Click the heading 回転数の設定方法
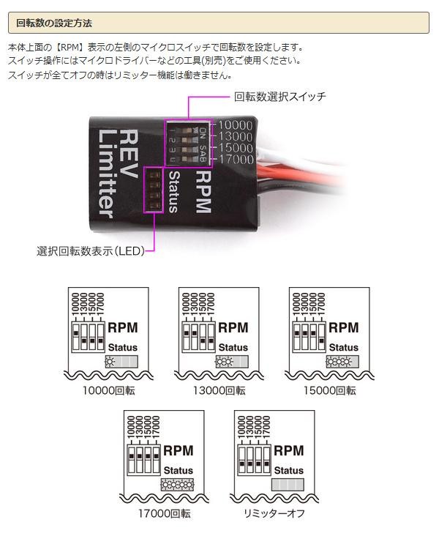(54, 23)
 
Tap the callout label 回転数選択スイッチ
(279, 97)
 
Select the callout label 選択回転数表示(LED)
(91, 251)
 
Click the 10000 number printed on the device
(234, 125)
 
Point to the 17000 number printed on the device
(234, 159)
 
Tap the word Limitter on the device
(105, 173)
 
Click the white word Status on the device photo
(173, 192)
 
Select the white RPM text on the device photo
(202, 192)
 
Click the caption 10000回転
(109, 390)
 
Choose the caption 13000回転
(219, 390)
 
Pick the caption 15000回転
(330, 390)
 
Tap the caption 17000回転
(165, 513)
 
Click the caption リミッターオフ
(274, 513)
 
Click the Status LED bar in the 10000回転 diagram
(121, 362)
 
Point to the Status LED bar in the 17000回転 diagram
(176, 485)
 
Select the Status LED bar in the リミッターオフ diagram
(287, 485)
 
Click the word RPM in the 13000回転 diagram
(233, 327)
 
